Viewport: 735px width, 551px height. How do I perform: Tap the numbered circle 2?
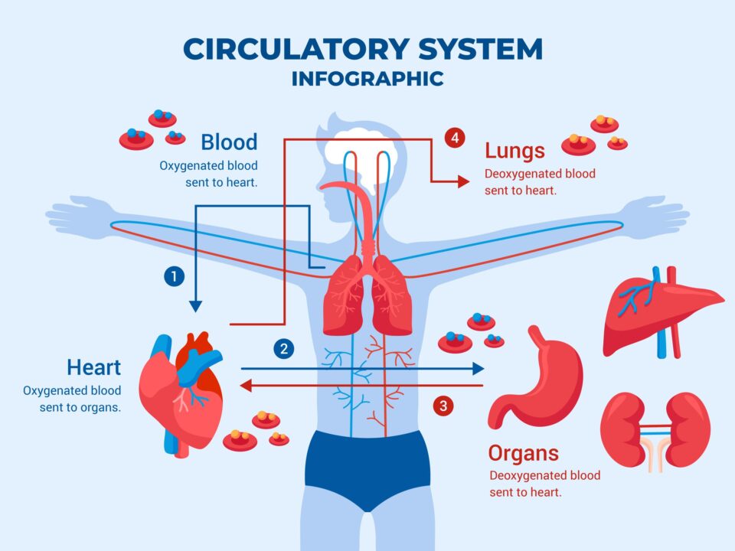coord(284,349)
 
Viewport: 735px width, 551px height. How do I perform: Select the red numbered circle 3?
coord(443,405)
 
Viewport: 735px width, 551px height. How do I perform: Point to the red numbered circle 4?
coord(455,139)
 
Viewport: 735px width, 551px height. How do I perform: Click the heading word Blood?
coord(229,142)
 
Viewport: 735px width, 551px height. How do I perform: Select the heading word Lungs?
coord(514,151)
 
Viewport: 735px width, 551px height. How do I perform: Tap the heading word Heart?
coord(93,367)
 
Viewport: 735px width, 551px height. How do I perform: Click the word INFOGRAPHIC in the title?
coord(367,79)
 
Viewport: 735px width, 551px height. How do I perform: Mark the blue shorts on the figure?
coord(367,467)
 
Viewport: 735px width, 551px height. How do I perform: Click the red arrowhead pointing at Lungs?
coord(463,181)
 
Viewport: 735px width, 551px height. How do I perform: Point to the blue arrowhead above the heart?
coord(195,306)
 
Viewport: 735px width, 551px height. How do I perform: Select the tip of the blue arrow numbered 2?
coord(481,369)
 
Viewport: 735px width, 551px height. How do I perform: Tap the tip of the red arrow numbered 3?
coord(244,386)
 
